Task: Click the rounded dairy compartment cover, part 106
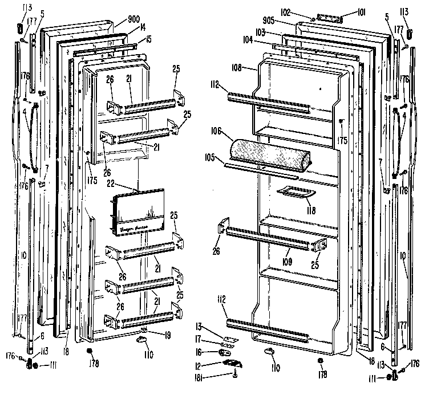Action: coord(268,153)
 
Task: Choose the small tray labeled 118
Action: coord(294,194)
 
